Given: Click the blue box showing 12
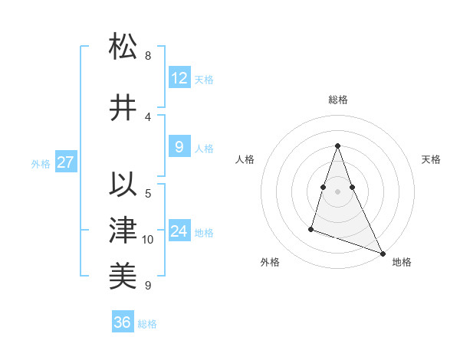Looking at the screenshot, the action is (x=179, y=78).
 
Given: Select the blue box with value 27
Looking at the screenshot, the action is (x=66, y=162).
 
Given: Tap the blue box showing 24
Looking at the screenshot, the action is (x=179, y=231).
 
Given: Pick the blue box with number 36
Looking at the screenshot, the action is (x=123, y=322).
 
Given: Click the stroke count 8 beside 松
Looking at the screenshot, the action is (x=147, y=56).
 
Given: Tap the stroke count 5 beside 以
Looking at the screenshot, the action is (x=147, y=193).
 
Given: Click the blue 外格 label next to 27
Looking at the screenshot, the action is (x=40, y=163).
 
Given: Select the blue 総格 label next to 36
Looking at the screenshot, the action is (x=147, y=324).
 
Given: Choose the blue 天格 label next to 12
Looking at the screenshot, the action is (x=204, y=80).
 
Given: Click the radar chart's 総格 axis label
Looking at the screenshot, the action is (x=337, y=100).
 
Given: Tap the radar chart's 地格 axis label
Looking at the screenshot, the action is (x=402, y=262).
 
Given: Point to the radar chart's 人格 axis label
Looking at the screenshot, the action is (x=245, y=159).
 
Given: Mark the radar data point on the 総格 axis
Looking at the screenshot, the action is (x=337, y=146).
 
